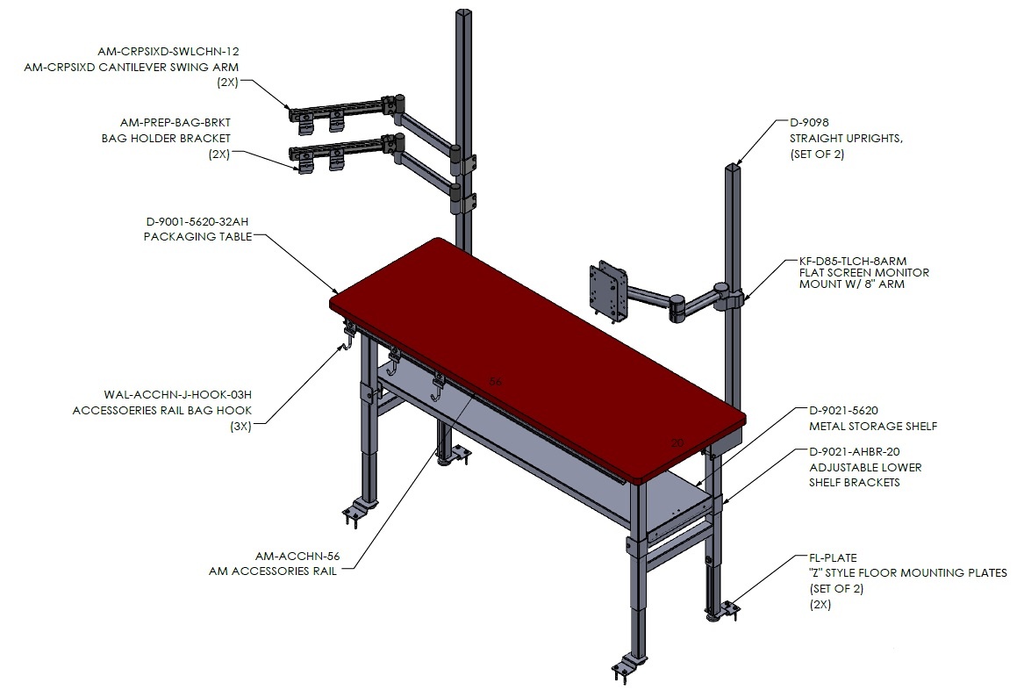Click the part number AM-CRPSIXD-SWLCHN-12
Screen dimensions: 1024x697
click(168, 51)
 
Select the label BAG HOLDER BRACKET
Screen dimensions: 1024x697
click(166, 139)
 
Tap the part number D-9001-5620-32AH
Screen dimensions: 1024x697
click(197, 221)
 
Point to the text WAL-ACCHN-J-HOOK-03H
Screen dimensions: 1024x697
click(177, 394)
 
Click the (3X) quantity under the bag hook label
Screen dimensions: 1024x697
click(241, 427)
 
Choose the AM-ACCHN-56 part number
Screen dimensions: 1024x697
click(297, 556)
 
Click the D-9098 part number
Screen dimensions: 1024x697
click(809, 122)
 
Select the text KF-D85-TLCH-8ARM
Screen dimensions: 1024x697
click(853, 261)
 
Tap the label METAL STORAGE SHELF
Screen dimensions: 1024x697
click(873, 426)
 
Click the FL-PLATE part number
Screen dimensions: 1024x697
click(833, 557)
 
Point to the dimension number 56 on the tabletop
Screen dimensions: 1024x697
click(496, 382)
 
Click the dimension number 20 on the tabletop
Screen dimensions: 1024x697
click(677, 443)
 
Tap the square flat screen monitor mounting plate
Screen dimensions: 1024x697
click(609, 291)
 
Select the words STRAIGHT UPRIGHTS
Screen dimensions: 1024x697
click(846, 139)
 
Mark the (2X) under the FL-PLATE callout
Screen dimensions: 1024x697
click(820, 604)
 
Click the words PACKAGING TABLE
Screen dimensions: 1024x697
click(198, 236)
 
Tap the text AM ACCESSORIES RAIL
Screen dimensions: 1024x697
click(272, 571)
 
